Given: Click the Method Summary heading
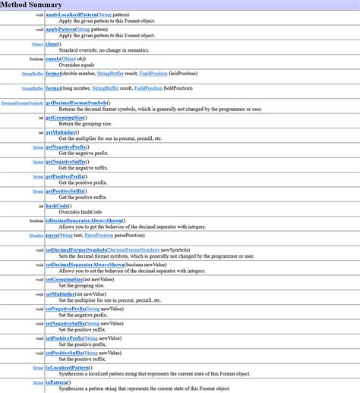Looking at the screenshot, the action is pyautogui.click(x=31, y=5).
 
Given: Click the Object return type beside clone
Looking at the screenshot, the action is pyautogui.click(x=37, y=45).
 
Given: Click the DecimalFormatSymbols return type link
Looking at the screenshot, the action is pyautogui.click(x=22, y=103).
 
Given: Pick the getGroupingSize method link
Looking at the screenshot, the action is pyautogui.click(x=64, y=118).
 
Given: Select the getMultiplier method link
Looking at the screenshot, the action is pyautogui.click(x=61, y=132).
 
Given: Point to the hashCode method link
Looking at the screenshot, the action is pyautogui.click(x=58, y=205).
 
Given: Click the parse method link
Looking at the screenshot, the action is pyautogui.click(x=52, y=236).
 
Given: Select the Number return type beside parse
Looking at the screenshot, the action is pyautogui.click(x=36, y=236).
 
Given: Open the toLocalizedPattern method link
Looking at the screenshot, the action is pyautogui.click(x=68, y=367).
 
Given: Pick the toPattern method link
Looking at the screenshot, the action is pyautogui.click(x=58, y=382).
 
